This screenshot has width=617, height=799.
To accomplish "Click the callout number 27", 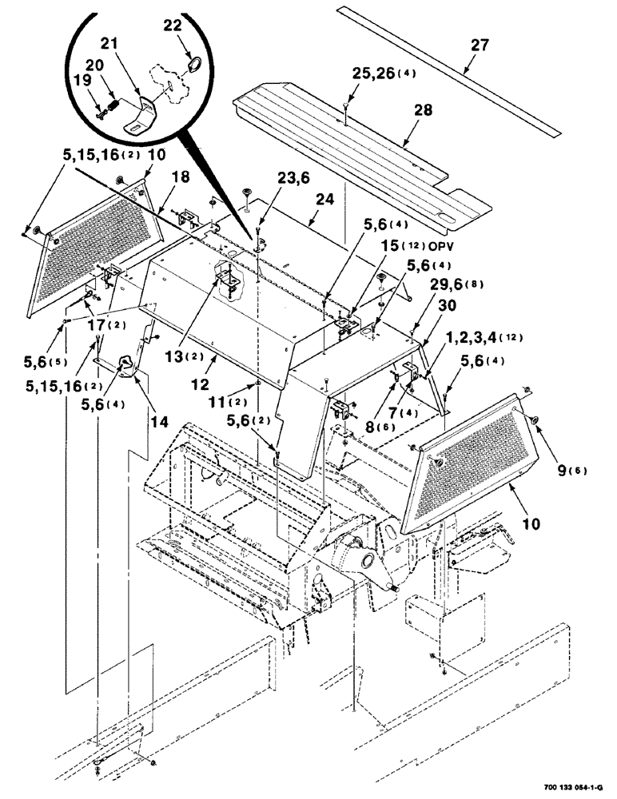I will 480,46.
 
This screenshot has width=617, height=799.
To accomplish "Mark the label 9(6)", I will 571,471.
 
